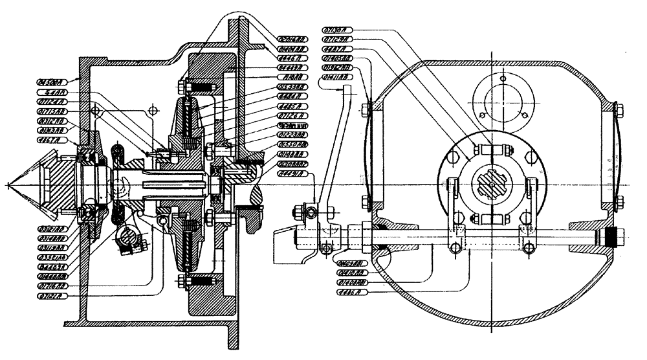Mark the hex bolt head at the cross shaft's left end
point(300,211)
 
